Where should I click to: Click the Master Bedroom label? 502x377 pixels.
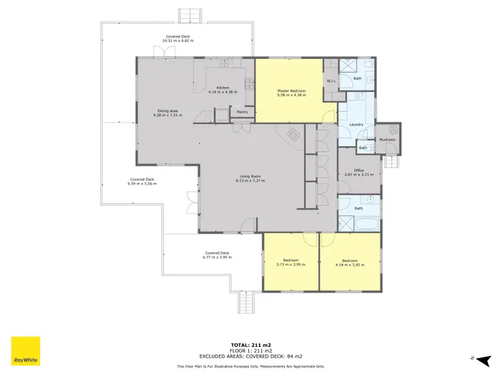click(291, 90)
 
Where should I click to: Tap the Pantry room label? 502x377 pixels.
click(242, 112)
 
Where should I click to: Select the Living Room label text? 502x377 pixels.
click(248, 177)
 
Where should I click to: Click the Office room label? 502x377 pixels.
click(359, 170)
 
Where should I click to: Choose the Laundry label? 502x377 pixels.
click(356, 125)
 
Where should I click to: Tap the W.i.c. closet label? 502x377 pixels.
click(331, 82)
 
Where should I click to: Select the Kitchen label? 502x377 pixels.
click(223, 87)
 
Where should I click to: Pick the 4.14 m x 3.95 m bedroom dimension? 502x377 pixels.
click(351, 265)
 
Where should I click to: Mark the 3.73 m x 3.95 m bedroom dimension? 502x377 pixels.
click(290, 265)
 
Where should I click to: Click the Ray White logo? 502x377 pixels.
click(25, 351)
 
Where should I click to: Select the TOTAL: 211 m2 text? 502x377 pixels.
click(251, 344)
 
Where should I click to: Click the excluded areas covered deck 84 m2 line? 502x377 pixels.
click(251, 357)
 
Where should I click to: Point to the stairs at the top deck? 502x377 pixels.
click(191, 15)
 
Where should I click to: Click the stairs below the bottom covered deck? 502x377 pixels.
click(248, 303)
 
